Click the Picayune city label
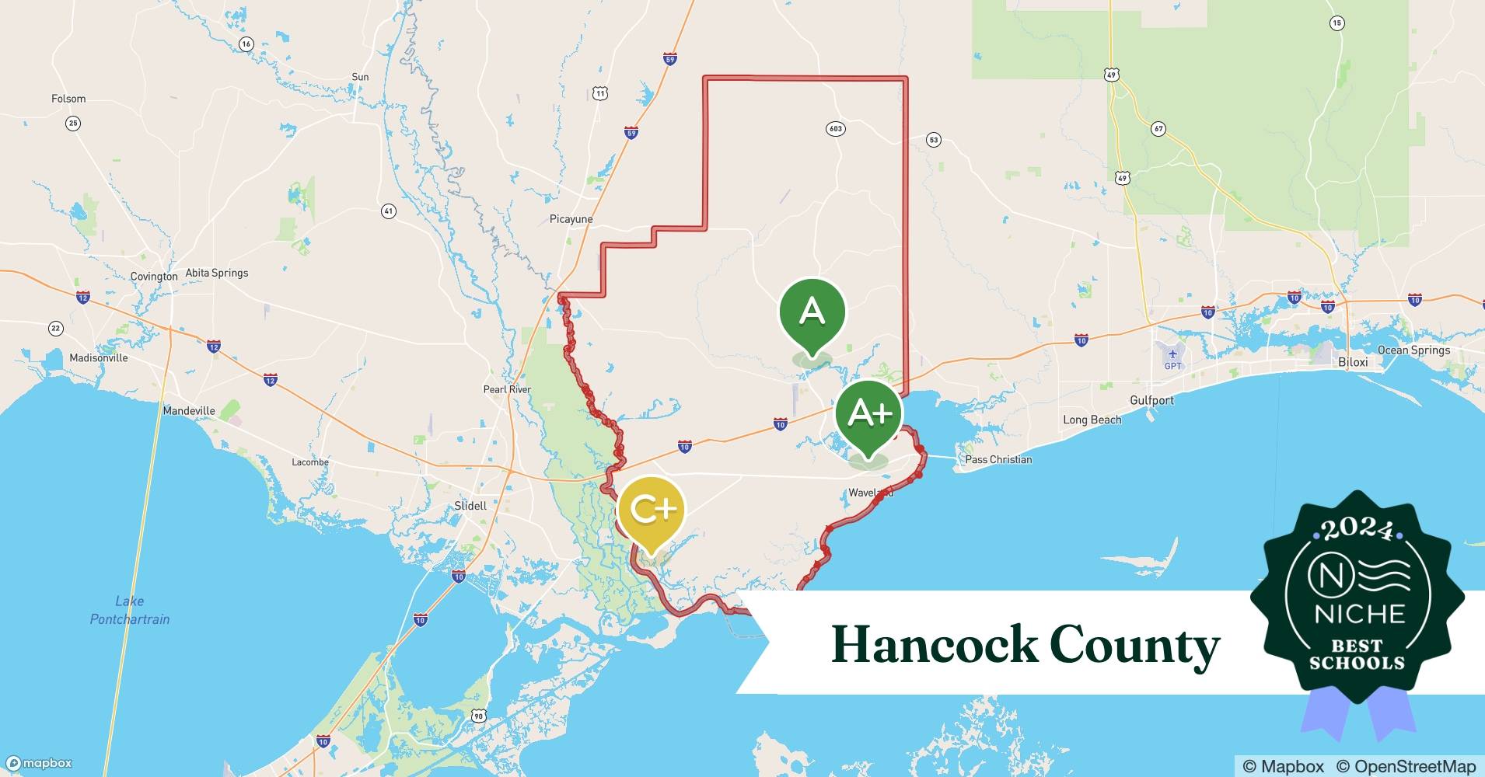[571, 219]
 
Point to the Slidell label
[470, 506]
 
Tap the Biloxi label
[1353, 363]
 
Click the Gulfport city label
[1151, 400]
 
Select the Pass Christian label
[998, 459]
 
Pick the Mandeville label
[189, 410]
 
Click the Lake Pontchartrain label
[130, 610]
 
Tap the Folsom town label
[68, 99]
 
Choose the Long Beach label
[1092, 420]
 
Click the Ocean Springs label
[1413, 350]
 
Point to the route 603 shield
[835, 129]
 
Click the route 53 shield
[933, 140]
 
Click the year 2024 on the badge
[1357, 530]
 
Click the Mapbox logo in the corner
[39, 763]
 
